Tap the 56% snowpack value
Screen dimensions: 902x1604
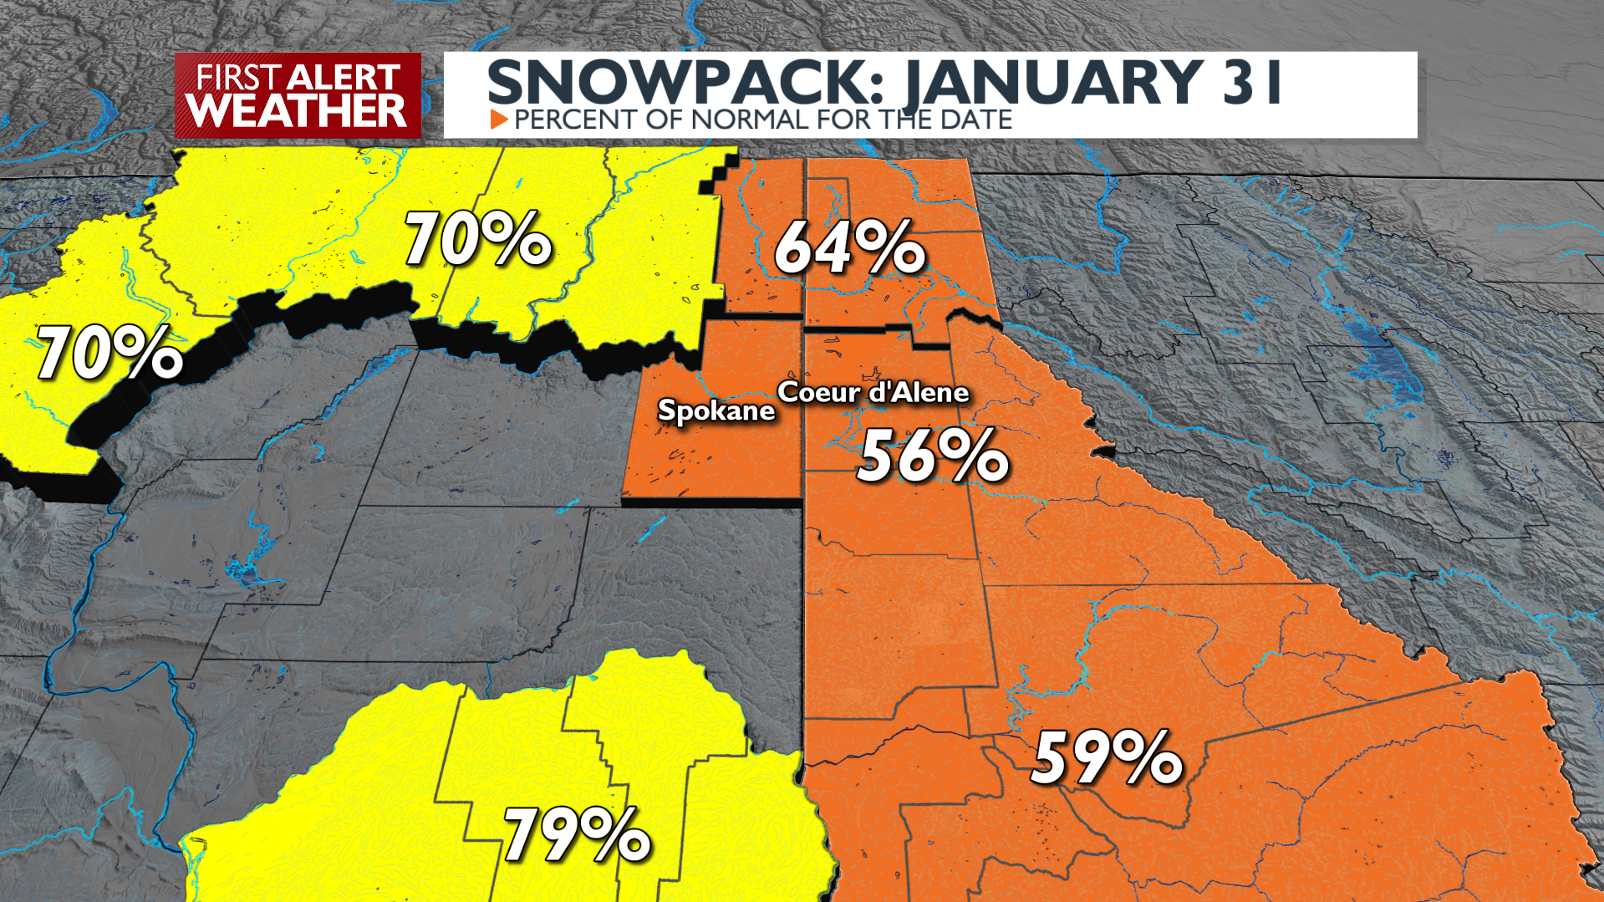[933, 456]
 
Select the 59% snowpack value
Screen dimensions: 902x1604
[1107, 759]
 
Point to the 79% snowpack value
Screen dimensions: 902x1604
[577, 835]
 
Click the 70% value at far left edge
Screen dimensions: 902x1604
[109, 354]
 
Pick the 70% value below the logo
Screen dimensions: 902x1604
[478, 240]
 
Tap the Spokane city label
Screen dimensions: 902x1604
[716, 410]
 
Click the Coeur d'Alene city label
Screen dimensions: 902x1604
[873, 392]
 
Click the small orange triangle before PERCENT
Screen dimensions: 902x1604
[499, 120]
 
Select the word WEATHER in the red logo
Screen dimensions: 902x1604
[297, 110]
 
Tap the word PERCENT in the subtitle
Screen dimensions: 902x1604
[578, 120]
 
